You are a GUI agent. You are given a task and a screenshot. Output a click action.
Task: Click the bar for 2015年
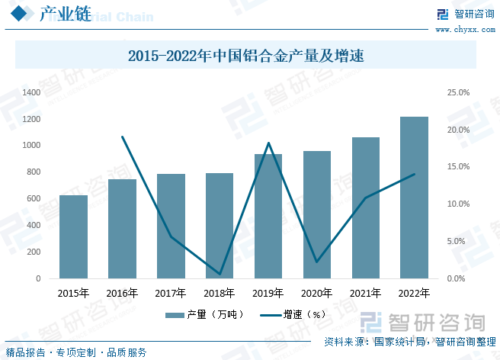click(x=73, y=237)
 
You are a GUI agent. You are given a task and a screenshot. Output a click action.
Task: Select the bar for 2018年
click(x=220, y=226)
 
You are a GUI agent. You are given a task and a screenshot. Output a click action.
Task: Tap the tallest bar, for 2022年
click(x=414, y=198)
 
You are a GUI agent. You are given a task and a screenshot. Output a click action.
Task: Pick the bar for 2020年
click(x=316, y=215)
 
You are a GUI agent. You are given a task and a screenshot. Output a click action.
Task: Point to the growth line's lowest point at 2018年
click(x=220, y=274)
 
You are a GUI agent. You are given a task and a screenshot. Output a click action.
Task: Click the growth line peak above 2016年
click(x=122, y=137)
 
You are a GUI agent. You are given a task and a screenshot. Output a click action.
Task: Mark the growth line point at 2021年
click(x=365, y=198)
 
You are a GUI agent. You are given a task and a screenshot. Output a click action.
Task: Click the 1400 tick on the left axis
click(x=31, y=92)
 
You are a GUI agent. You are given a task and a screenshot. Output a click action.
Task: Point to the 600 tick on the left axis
click(x=34, y=199)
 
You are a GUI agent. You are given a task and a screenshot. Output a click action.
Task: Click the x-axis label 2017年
click(x=171, y=293)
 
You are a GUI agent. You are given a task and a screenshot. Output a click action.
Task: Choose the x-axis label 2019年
click(x=268, y=293)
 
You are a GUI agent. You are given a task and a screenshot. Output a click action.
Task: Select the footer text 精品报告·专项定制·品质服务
click(x=76, y=352)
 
